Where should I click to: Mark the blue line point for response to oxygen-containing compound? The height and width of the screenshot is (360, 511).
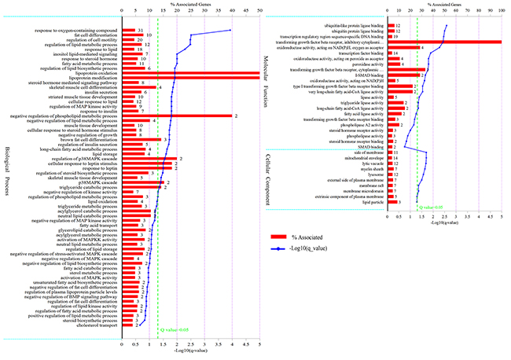point(230,30)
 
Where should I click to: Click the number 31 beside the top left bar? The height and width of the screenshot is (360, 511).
point(139,30)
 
